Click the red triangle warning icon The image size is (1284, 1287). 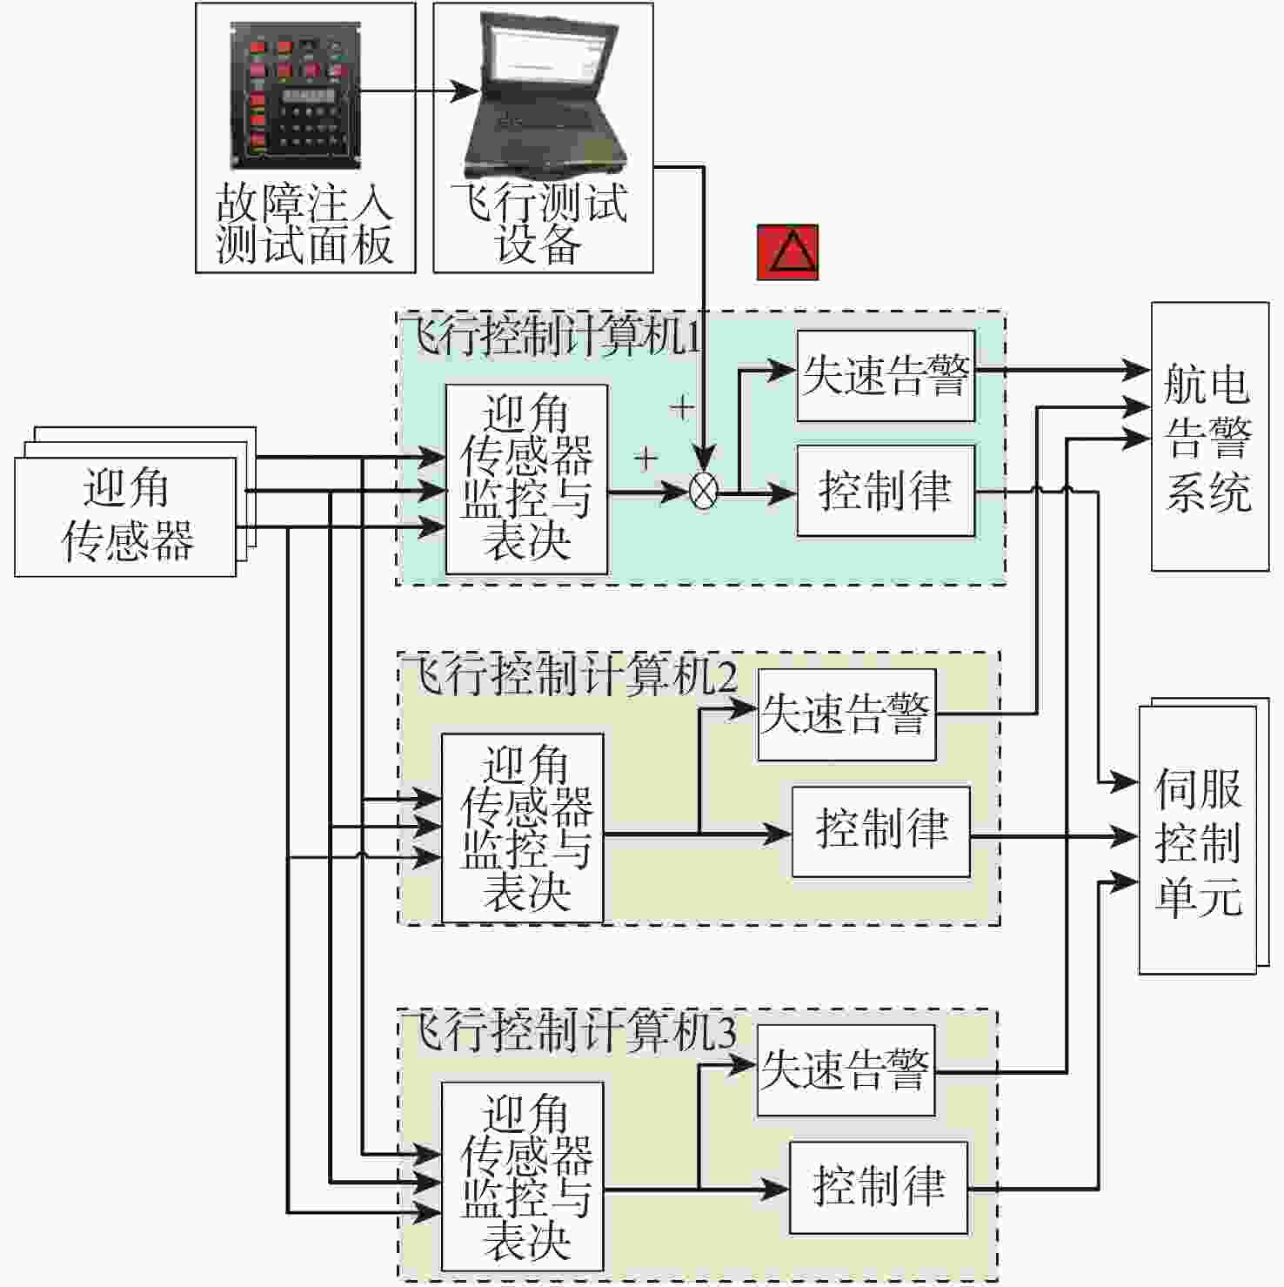pyautogui.click(x=787, y=252)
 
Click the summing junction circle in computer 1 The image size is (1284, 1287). pyautogui.click(x=703, y=492)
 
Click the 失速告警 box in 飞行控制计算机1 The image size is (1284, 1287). pyautogui.click(x=886, y=376)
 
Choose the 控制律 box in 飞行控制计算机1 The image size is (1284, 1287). pyautogui.click(x=886, y=491)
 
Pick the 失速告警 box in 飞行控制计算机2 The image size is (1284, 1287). pyautogui.click(x=846, y=714)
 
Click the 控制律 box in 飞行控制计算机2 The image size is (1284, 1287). pyautogui.click(x=881, y=832)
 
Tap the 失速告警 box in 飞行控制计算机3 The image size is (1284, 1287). pyautogui.click(x=846, y=1070)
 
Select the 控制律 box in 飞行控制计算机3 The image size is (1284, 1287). pyautogui.click(x=879, y=1187)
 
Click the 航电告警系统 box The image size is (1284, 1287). pyautogui.click(x=1210, y=437)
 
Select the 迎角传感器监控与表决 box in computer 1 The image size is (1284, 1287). pyautogui.click(x=526, y=479)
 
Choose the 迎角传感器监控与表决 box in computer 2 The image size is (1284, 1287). pyautogui.click(x=522, y=828)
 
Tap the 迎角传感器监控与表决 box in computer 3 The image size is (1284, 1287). pyautogui.click(x=522, y=1176)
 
